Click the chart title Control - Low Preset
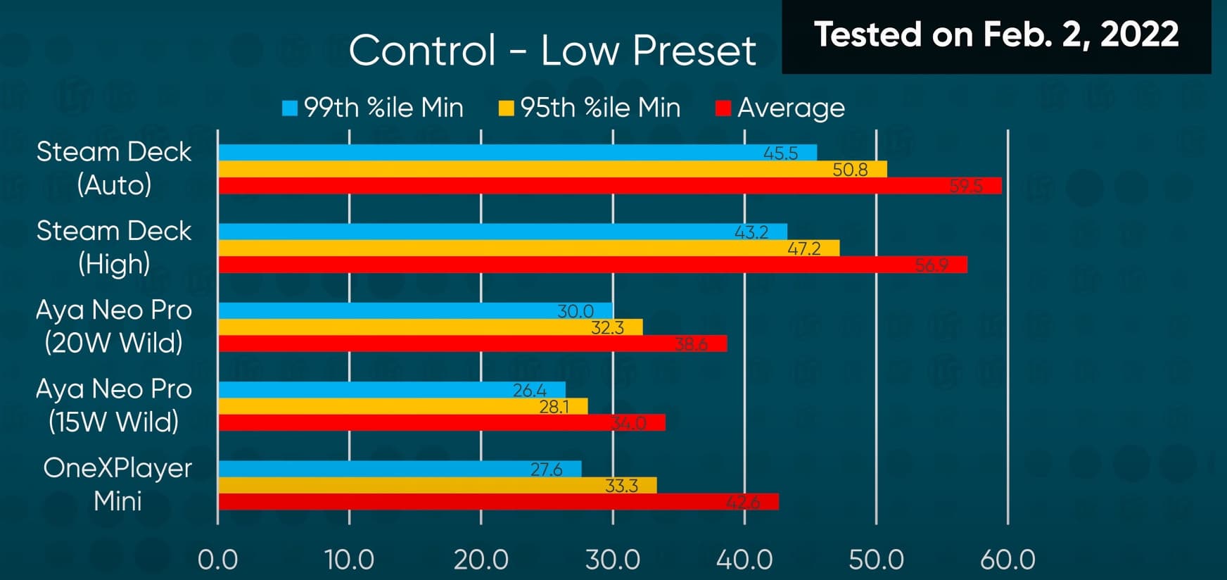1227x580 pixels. (552, 51)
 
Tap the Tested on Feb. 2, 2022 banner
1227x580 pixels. (996, 34)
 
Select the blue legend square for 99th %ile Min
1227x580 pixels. (290, 108)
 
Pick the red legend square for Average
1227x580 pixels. (723, 108)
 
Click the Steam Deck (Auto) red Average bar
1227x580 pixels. (609, 186)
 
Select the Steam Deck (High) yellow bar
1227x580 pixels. (528, 248)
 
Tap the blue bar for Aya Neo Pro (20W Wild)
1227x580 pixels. (415, 310)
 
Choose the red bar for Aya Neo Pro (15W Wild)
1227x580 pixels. (441, 422)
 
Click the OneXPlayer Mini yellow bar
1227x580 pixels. (437, 485)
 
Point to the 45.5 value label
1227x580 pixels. (780, 153)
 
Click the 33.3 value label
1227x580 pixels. (621, 486)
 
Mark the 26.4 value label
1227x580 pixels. (530, 390)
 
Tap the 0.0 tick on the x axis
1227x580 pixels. (217, 560)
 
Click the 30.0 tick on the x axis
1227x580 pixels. (613, 560)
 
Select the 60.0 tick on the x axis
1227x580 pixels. (1007, 560)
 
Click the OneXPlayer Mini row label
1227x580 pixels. (117, 484)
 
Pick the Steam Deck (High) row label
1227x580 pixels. (114, 247)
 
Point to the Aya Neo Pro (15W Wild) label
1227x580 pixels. (114, 405)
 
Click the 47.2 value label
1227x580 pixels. (804, 248)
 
